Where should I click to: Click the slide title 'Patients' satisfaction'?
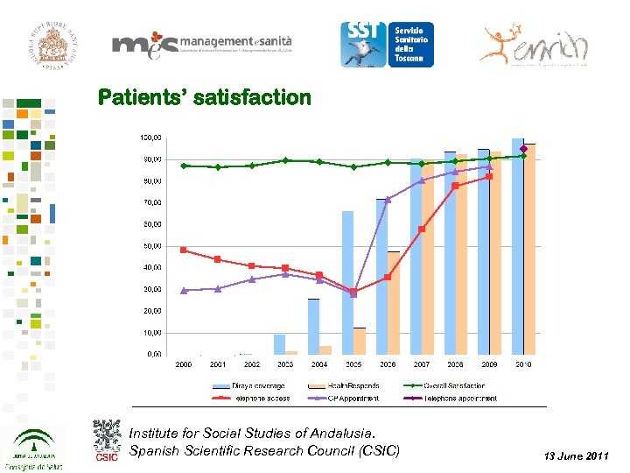204,97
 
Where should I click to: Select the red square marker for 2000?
184,250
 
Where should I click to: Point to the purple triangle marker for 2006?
388,200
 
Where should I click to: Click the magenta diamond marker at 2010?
523,149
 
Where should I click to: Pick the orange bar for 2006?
394,302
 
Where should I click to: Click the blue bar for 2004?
313,326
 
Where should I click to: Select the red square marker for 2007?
422,229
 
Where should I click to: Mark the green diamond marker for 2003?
285,160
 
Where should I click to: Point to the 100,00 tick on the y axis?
150,138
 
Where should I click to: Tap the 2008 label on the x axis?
455,364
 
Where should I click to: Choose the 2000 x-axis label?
184,364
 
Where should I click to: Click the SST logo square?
361,44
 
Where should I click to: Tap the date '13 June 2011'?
576,455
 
